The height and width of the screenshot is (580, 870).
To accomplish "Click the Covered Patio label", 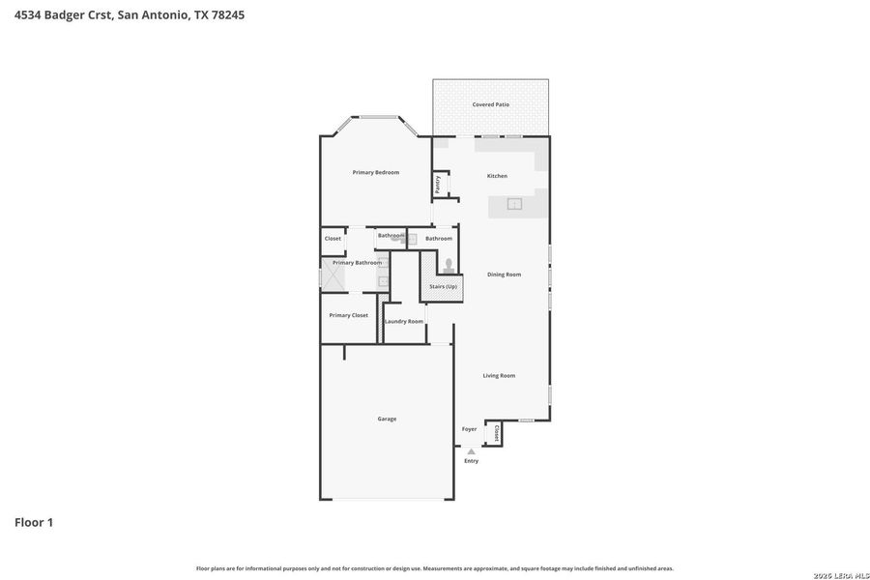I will (490, 104).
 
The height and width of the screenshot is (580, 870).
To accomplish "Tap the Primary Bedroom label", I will (375, 172).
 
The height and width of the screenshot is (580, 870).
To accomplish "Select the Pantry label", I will (438, 184).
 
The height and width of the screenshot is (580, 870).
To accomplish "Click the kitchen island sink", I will (514, 204).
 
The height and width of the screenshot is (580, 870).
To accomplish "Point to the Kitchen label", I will (497, 176).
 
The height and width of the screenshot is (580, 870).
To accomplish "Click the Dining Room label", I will (504, 275).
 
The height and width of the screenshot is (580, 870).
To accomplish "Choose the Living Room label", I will (499, 375).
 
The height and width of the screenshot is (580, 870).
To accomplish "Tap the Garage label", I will (387, 419).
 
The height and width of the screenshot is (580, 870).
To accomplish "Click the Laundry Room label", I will (404, 321).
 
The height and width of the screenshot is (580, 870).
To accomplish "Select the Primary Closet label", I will (348, 315).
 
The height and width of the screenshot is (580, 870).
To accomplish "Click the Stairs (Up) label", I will (444, 286).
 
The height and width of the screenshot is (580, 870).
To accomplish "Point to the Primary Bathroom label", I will (357, 262).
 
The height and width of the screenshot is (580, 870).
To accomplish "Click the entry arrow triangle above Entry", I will (471, 451).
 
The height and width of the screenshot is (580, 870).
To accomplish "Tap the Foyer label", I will (469, 429).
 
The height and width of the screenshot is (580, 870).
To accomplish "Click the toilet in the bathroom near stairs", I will (449, 265).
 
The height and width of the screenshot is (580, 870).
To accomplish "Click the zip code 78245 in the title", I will (227, 14).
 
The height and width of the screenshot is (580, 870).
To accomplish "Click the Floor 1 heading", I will (34, 522).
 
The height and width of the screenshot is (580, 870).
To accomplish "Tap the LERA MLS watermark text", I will (835, 575).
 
